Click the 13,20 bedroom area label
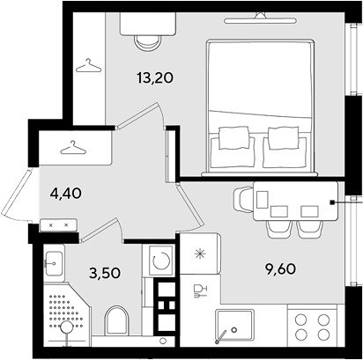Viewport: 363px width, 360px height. tap(155, 78)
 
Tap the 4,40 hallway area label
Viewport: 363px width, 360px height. tap(65, 194)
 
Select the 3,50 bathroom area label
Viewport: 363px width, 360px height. tap(105, 273)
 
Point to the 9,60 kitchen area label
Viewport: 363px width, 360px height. tap(279, 269)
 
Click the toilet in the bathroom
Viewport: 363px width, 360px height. tap(117, 320)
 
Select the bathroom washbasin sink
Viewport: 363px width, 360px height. tap(54, 263)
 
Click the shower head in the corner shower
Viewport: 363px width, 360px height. tap(67, 327)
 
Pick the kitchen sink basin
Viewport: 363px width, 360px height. tap(234, 325)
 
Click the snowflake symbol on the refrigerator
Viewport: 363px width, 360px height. tap(200, 253)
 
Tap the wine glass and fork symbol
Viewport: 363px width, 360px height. tap(200, 291)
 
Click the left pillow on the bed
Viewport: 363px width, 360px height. tap(233, 137)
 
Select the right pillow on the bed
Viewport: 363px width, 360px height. tap(284, 137)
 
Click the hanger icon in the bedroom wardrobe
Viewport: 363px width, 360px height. tap(88, 65)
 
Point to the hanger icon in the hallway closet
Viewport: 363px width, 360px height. tap(73, 147)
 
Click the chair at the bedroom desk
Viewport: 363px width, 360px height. tap(148, 43)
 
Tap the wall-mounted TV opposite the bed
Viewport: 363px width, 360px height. tap(260, 19)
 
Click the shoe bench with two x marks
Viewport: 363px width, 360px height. tap(58, 225)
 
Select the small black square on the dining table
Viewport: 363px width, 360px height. tap(332, 202)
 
